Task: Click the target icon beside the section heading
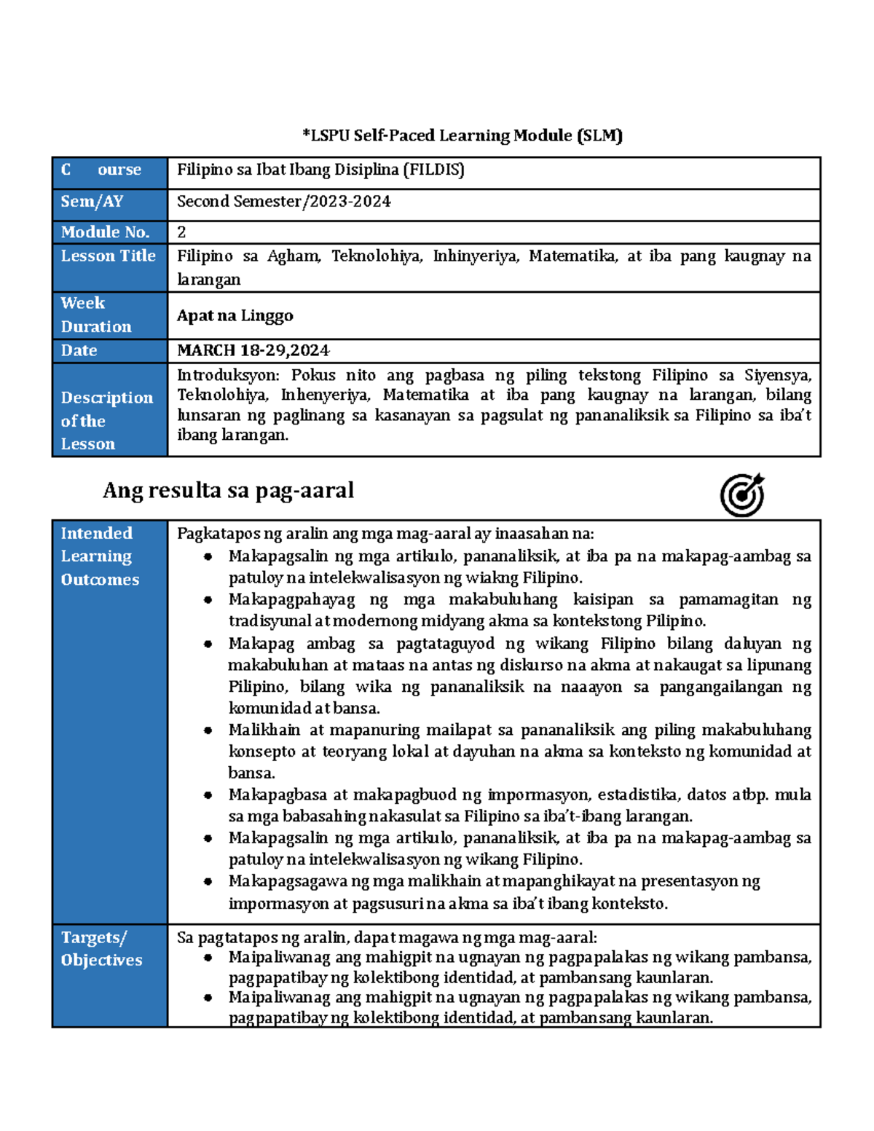coord(742,495)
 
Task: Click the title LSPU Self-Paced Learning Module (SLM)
coord(462,135)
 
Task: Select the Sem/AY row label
coord(92,202)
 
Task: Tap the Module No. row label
coord(105,232)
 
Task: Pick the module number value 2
coord(181,232)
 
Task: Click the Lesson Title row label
coord(108,256)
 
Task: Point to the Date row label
coord(79,350)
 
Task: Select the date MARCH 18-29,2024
coord(253,350)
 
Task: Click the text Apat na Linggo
coord(235,315)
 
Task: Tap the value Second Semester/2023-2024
coord(283,202)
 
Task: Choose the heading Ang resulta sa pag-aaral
coord(228,490)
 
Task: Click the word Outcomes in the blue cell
coord(100,580)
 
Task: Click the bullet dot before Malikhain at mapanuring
coord(208,730)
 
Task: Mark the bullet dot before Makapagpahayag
coord(208,600)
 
